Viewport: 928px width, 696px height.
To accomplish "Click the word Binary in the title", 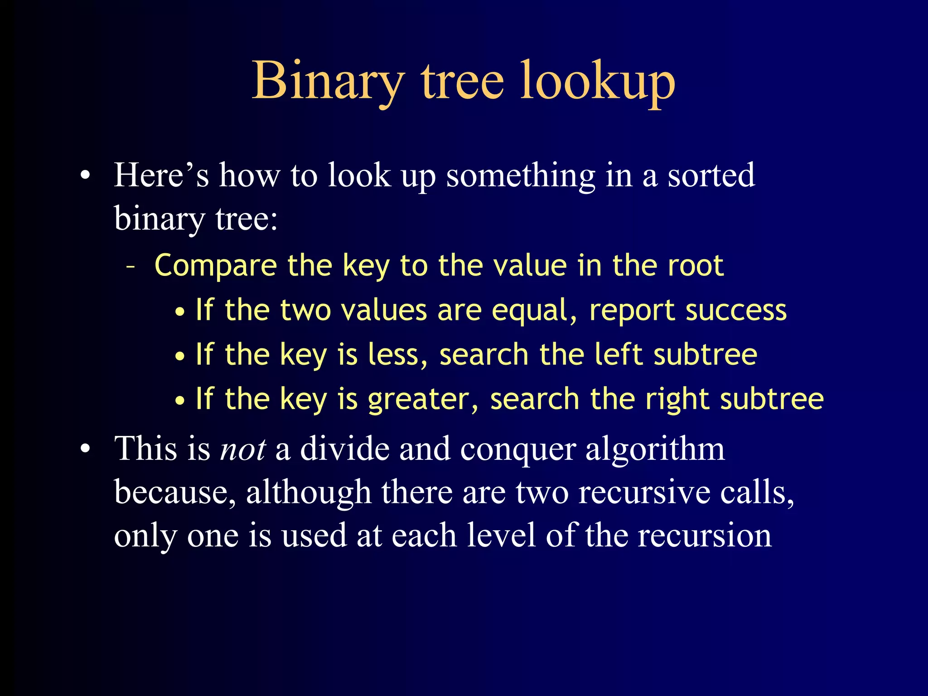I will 328,82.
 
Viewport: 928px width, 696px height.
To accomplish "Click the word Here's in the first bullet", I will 161,175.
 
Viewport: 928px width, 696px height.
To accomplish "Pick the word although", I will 308,493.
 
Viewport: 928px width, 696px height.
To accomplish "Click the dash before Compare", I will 131,266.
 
